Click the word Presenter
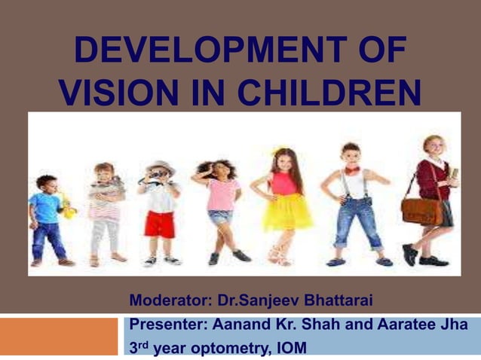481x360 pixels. tap(167, 325)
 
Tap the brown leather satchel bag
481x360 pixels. tap(421, 212)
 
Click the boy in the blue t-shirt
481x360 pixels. tap(47, 218)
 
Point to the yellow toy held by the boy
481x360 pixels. tap(69, 206)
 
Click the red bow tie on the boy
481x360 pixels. tap(352, 170)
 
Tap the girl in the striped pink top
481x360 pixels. tap(105, 215)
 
